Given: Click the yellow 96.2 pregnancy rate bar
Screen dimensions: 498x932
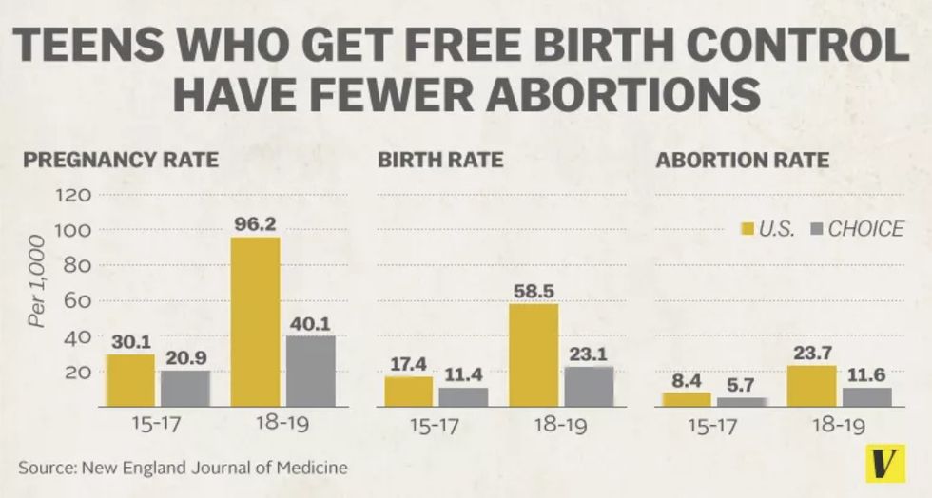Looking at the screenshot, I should coord(256,322).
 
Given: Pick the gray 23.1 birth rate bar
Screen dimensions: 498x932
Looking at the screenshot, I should coord(588,387).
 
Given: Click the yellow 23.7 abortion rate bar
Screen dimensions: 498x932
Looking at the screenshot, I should coord(811,386).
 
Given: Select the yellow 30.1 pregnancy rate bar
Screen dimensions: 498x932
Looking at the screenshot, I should coord(130,380).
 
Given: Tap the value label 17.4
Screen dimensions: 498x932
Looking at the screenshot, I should coord(409,362).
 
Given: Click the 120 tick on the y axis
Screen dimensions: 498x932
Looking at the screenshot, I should coord(76,195).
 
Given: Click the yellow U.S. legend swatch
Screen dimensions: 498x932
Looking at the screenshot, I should coord(747,229).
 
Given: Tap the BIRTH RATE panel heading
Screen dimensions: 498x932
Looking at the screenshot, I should coord(439,160).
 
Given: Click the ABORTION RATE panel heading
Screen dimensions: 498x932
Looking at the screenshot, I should coord(742,160).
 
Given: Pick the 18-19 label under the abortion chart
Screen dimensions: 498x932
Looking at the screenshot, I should coord(838,427).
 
